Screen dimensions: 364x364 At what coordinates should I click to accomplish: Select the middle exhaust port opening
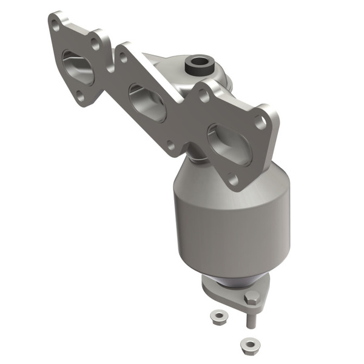(x=148, y=103)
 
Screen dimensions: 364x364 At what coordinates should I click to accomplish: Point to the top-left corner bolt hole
(x=56, y=26)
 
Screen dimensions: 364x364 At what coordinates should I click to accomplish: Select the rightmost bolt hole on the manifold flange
(x=260, y=122)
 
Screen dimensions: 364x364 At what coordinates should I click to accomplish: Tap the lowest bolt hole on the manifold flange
(x=231, y=178)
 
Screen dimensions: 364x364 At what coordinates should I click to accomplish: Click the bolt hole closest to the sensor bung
(x=204, y=95)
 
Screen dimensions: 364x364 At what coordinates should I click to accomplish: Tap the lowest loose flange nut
(x=248, y=344)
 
